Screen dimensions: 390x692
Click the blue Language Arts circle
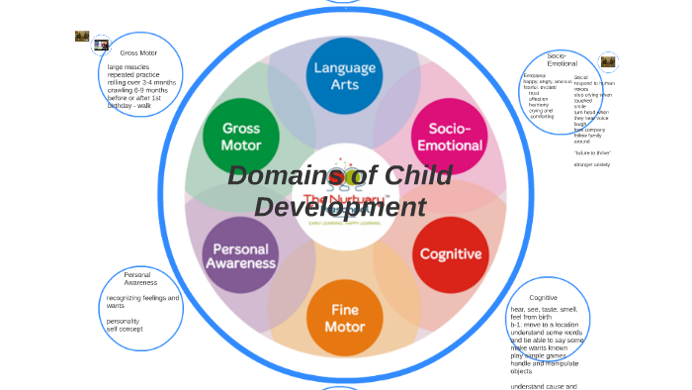pyautogui.click(x=344, y=76)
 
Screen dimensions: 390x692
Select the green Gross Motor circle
pyautogui.click(x=241, y=137)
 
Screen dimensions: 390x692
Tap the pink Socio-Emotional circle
pyautogui.click(x=449, y=137)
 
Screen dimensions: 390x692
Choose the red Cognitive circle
pyautogui.click(x=450, y=254)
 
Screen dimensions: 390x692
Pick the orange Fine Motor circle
pyautogui.click(x=344, y=318)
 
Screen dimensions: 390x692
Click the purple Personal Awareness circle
pyautogui.click(x=240, y=255)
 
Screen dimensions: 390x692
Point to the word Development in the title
pyautogui.click(x=339, y=208)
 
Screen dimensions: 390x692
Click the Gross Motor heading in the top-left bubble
pyautogui.click(x=138, y=52)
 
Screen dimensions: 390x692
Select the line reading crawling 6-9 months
pyautogui.click(x=137, y=90)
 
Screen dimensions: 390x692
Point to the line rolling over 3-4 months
pyautogui.click(x=141, y=82)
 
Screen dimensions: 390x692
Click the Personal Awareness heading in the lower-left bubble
pyautogui.click(x=140, y=278)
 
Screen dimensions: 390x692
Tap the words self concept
pyautogui.click(x=125, y=329)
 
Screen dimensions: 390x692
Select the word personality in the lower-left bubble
pyautogui.click(x=124, y=321)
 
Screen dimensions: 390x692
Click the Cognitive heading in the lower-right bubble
pyautogui.click(x=543, y=298)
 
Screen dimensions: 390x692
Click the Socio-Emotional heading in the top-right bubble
pyautogui.click(x=562, y=59)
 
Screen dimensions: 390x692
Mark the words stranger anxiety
pyautogui.click(x=592, y=164)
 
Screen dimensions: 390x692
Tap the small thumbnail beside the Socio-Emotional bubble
pyautogui.click(x=608, y=61)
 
